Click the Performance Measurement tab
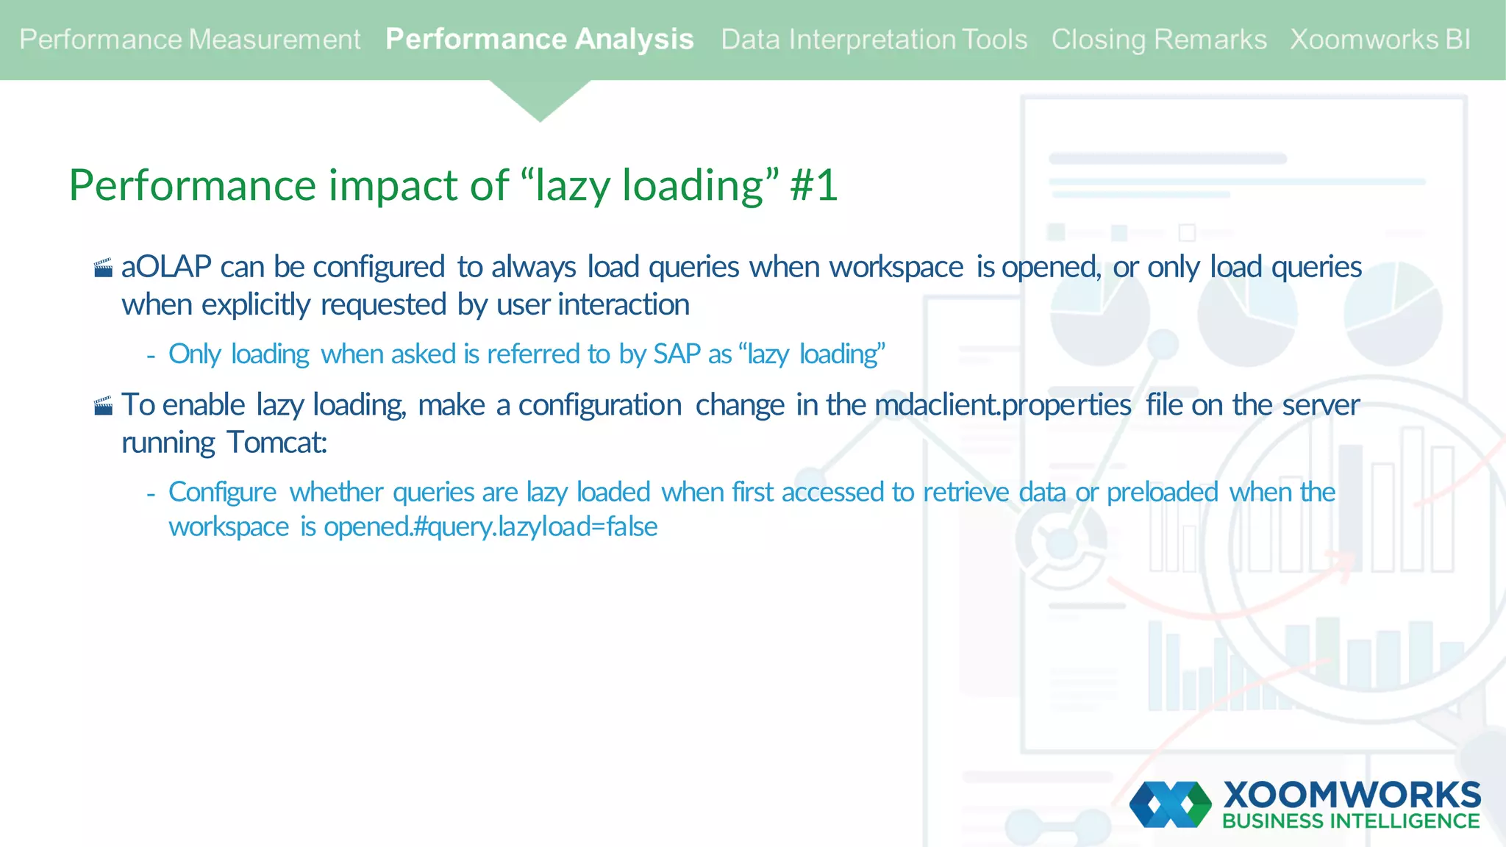coord(190,40)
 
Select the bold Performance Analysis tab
coord(539,40)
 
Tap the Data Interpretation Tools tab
coord(874,40)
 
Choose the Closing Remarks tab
coord(1158,40)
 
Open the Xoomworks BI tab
coord(1380,40)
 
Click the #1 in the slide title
coord(813,185)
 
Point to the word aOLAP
coord(166,267)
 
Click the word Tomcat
coord(276,443)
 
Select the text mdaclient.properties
coord(1002,405)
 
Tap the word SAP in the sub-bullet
coord(677,354)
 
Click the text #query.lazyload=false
coord(535,527)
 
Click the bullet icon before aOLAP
coord(103,268)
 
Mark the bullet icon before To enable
coord(103,406)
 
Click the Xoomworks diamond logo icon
coord(1170,804)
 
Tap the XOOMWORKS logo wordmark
coord(1352,795)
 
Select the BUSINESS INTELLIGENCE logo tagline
coord(1350,821)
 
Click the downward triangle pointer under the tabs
coord(540,100)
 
